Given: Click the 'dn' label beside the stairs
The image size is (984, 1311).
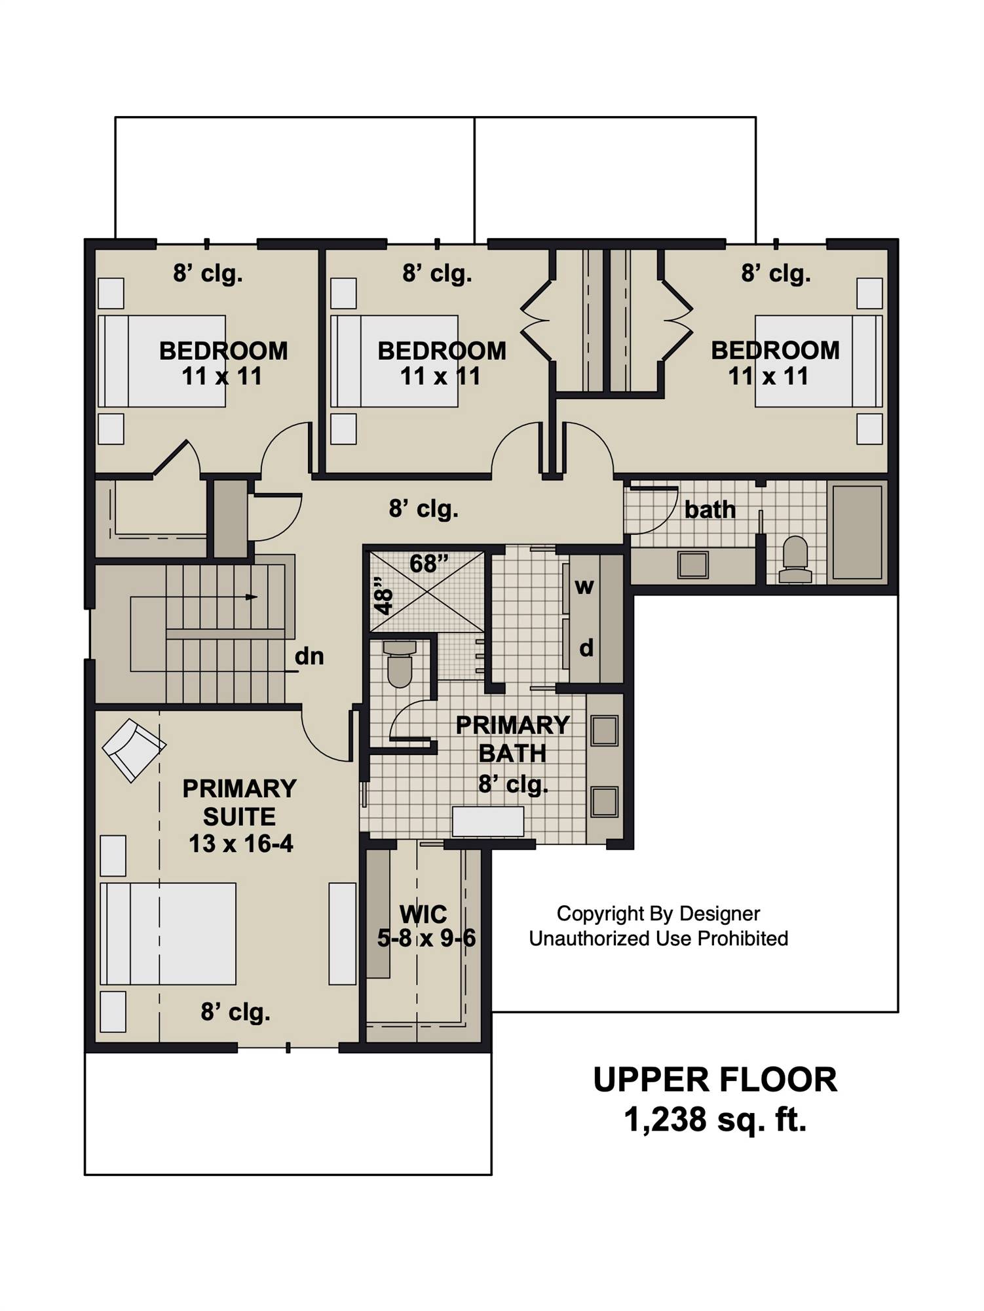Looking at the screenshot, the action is click(x=309, y=656).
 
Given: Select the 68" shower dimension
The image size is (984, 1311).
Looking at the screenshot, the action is click(x=430, y=563).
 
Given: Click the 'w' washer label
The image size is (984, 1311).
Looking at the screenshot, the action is click(x=584, y=587).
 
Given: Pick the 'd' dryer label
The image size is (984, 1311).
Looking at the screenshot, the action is click(x=586, y=648).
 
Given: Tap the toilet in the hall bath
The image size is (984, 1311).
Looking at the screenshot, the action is click(x=795, y=560).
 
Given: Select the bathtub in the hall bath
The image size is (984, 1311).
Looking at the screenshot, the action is click(x=856, y=532).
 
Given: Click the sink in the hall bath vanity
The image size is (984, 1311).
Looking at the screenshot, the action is click(x=693, y=564).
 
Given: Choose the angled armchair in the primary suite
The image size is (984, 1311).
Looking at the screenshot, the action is click(x=134, y=750).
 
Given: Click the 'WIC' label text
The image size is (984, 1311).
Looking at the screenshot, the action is click(x=423, y=914).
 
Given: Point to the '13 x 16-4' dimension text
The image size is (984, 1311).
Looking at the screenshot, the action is click(x=241, y=844).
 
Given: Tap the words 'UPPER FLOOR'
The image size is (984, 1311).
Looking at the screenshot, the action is click(x=715, y=1080).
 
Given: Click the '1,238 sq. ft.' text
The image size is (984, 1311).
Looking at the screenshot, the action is click(x=715, y=1120).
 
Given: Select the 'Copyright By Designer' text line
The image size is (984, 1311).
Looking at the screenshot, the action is click(x=658, y=914).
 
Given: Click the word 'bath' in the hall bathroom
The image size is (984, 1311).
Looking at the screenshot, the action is click(x=710, y=509).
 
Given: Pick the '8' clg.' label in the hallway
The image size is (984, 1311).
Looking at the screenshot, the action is click(x=424, y=508).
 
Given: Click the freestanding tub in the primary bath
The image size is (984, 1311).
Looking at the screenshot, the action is click(x=488, y=821).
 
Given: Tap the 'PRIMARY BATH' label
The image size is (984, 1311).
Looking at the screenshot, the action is click(x=512, y=739).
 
